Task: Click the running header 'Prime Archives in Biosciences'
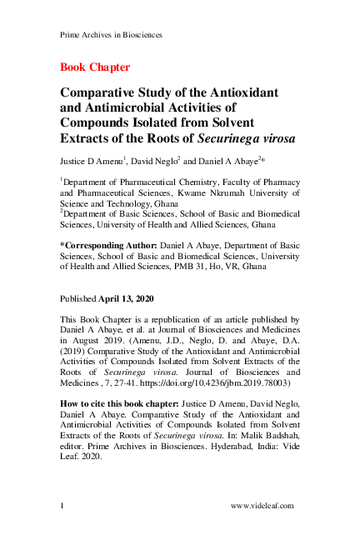coord(111,35)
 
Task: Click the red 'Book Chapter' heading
coord(95,67)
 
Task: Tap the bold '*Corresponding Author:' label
coord(107,245)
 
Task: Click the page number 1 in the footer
coord(62,506)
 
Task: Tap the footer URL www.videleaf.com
coord(264,506)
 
